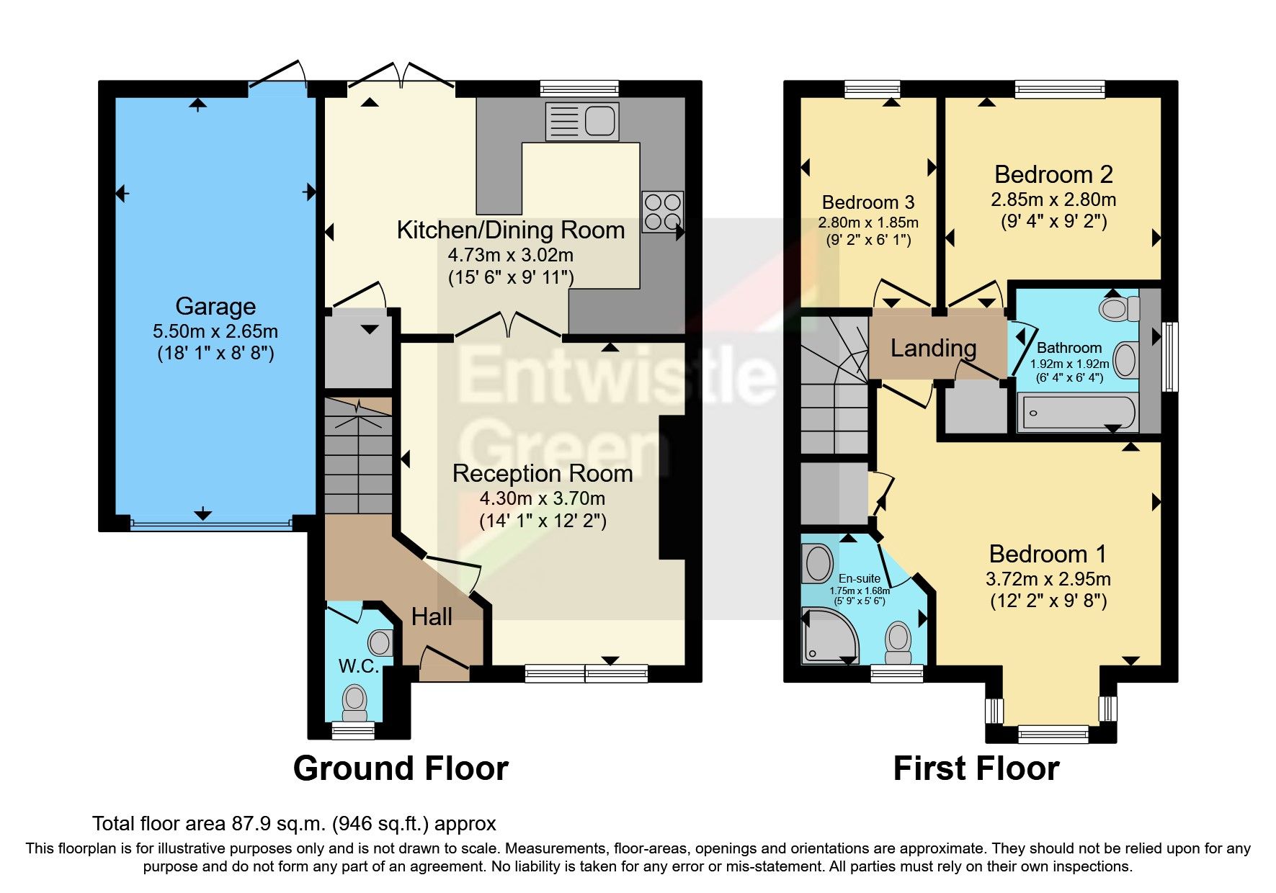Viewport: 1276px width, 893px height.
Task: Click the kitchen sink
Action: tap(582, 120)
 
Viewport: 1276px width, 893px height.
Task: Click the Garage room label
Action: tap(215, 306)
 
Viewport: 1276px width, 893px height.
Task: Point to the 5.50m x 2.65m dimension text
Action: tap(215, 331)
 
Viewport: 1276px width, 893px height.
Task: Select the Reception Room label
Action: tap(543, 473)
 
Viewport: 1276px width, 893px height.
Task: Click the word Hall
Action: tap(432, 616)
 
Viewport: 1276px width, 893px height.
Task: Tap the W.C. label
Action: tap(358, 666)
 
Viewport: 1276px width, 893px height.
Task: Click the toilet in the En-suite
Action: tap(898, 642)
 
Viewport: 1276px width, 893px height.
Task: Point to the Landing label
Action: tap(933, 349)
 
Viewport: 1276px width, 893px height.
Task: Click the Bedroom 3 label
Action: tap(868, 202)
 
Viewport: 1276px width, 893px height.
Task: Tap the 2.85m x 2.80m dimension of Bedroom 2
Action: tap(1053, 199)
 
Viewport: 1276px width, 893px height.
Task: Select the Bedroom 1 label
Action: tap(1048, 554)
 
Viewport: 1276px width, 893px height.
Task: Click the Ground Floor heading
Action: tap(401, 768)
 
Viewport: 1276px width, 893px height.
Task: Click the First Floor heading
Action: tap(976, 768)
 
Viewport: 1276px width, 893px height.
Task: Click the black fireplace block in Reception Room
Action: tap(672, 488)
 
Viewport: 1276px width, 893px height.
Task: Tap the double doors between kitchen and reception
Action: tap(509, 326)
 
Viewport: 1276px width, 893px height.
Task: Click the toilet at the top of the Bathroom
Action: tap(1119, 309)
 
